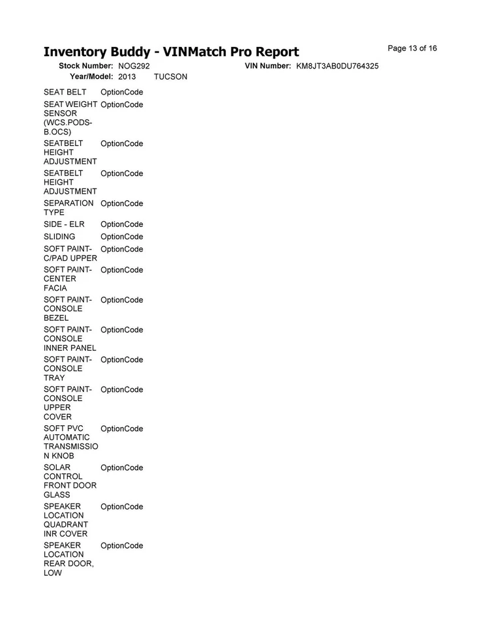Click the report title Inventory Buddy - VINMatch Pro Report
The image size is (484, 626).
171,52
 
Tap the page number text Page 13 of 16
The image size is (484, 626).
412,48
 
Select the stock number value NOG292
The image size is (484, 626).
134,67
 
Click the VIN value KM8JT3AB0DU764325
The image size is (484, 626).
337,67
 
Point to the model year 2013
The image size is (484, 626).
127,77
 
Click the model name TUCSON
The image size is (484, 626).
170,77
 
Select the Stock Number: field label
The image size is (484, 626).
87,67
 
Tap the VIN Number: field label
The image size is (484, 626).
267,67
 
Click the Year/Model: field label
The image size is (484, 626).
92,77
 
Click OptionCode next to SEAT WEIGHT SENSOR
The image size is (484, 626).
122,104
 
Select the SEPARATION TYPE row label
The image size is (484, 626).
68,208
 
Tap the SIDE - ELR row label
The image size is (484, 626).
64,224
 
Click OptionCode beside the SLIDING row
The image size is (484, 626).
122,237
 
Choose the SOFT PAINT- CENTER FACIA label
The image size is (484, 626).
67,278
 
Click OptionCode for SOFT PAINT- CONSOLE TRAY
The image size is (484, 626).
122,360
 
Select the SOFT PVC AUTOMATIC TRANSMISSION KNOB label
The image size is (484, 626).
70,442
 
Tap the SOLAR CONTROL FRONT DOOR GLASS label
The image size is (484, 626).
70,481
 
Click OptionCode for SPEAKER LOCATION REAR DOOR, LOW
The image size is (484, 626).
122,546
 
